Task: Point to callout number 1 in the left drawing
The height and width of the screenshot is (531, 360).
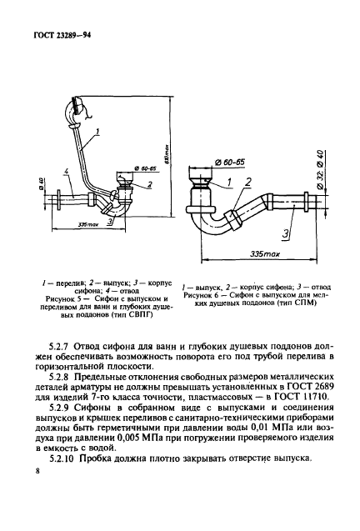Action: (97, 131)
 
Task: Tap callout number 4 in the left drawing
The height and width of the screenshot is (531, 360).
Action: (66, 173)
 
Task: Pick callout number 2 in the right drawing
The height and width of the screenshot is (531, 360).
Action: (247, 182)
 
